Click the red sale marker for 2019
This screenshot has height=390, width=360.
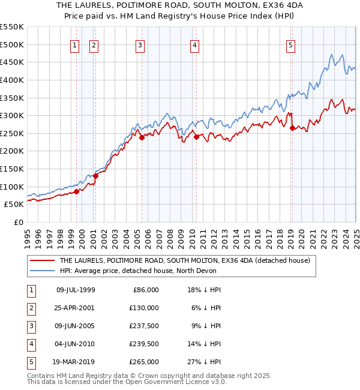[292, 128]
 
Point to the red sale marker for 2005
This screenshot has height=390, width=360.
[142, 137]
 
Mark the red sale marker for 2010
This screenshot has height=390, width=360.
[196, 137]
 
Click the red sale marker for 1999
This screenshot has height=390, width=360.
[77, 191]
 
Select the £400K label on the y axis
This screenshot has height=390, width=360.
[12, 80]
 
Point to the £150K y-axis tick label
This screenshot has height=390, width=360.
[12, 169]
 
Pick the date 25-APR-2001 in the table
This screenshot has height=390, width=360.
[76, 308]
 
